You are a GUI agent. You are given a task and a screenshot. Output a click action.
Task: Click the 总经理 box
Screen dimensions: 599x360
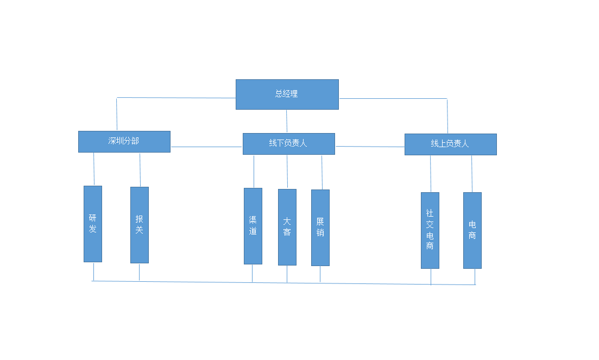click(287, 94)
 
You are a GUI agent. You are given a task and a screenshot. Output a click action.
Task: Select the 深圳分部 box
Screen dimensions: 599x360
click(124, 142)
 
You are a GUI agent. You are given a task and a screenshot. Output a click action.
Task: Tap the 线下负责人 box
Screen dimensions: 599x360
click(289, 144)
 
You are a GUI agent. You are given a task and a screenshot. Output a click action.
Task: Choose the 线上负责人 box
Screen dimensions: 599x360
click(451, 144)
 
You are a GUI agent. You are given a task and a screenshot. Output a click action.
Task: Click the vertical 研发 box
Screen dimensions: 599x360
click(93, 224)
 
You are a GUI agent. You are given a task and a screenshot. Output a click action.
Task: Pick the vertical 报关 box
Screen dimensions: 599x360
click(140, 225)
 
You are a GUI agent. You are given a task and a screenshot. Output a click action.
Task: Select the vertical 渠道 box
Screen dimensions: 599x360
click(253, 226)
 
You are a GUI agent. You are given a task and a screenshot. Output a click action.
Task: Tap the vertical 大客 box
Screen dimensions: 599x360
click(287, 227)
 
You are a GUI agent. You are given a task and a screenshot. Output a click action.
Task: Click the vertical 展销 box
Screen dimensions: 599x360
click(320, 228)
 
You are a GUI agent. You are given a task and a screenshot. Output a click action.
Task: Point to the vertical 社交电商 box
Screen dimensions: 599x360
click(430, 230)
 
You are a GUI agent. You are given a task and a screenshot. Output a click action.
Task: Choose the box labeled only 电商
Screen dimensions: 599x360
click(472, 230)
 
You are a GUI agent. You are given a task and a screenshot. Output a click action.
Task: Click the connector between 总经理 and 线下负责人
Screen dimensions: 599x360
click(287, 122)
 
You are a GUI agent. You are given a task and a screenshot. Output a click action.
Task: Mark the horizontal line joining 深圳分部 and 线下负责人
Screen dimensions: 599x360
click(206, 147)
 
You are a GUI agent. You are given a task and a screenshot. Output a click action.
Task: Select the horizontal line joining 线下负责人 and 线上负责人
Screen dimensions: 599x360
click(370, 146)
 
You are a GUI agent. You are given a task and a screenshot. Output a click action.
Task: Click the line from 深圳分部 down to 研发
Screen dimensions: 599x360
click(94, 169)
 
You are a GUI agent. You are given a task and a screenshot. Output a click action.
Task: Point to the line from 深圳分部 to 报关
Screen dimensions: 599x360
click(140, 170)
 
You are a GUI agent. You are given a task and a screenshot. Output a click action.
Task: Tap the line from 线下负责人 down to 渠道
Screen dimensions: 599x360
click(254, 172)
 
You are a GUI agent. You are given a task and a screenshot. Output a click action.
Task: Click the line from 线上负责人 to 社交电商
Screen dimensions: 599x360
click(431, 174)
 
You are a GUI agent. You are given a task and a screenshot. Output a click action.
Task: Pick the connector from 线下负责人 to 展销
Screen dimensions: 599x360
click(322, 172)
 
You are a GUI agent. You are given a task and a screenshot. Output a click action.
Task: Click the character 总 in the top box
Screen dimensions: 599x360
click(279, 94)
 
